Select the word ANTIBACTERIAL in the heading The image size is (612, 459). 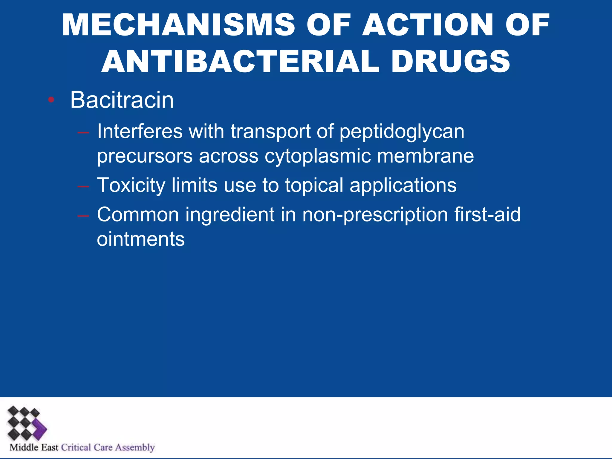point(241,62)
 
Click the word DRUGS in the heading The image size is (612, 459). point(450,62)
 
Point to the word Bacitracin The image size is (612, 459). point(122,100)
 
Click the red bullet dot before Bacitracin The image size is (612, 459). point(51,100)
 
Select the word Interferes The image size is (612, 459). point(140,131)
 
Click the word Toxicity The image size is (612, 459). point(131,186)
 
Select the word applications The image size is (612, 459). point(403,186)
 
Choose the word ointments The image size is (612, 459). point(141,239)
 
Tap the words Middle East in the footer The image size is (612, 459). point(34,447)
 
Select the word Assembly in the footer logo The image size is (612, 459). point(135,447)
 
